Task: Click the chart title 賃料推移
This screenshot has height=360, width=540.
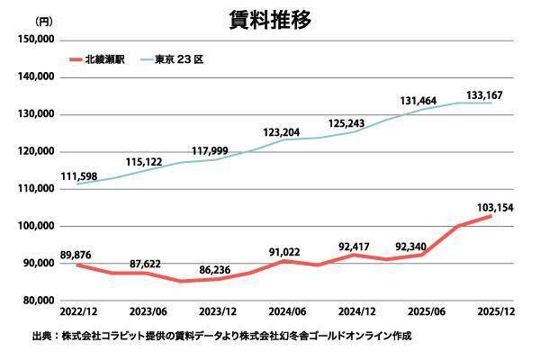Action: tap(269, 20)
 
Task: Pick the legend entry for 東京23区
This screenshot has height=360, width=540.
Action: tap(176, 60)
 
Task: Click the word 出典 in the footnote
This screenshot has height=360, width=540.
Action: tap(41, 336)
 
